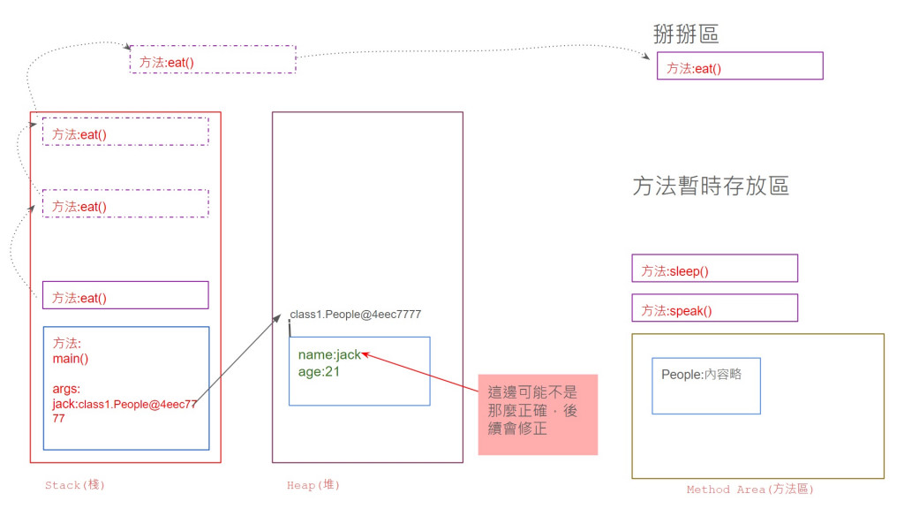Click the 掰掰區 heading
(685, 34)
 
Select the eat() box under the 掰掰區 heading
(740, 66)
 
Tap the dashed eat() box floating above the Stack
(213, 60)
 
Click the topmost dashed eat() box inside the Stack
(125, 132)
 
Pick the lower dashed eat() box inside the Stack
(125, 204)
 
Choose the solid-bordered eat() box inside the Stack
(125, 295)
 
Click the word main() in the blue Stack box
(72, 359)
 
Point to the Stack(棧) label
(75, 485)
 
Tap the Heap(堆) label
(313, 485)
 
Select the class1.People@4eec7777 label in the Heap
(356, 315)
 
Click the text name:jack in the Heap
(329, 354)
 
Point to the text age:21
(319, 372)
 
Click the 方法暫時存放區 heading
(711, 186)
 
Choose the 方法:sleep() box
(714, 269)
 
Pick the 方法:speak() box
(714, 308)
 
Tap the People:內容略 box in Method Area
(705, 385)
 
